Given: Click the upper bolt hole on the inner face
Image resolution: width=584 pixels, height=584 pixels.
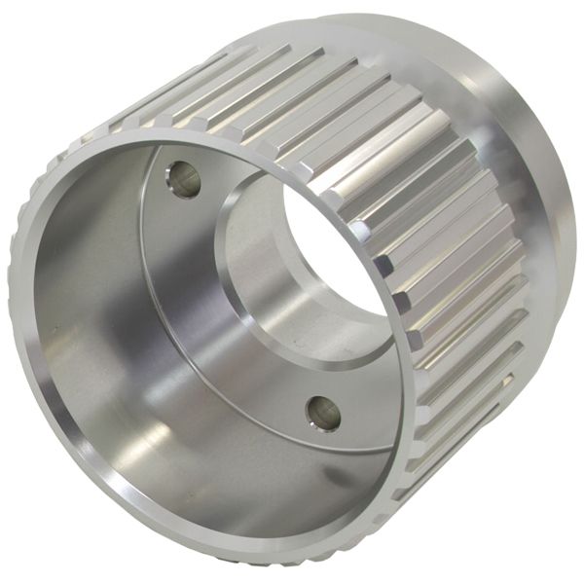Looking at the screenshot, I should (x=183, y=178).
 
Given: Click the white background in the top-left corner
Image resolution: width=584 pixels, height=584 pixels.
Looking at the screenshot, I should (x=29, y=29).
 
